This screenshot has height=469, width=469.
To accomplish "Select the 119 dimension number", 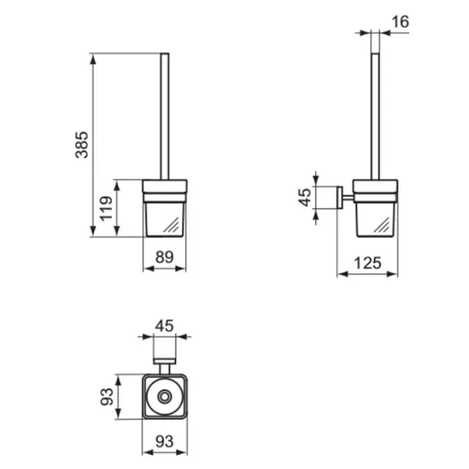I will [107, 208].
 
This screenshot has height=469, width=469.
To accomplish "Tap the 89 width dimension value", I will [165, 256].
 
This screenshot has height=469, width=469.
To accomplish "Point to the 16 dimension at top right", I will [400, 22].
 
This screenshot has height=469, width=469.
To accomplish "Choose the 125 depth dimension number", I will [367, 263].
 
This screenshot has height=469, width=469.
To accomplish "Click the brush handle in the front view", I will [164, 117].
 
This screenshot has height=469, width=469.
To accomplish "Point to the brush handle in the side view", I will [376, 117].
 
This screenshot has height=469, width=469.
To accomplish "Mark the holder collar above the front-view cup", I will [165, 187].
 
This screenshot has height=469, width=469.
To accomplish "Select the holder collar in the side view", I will [375, 187].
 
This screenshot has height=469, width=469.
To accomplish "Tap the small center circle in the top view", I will [164, 397].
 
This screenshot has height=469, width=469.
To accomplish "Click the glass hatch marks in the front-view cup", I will [173, 226].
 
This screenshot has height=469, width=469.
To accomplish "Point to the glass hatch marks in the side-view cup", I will [383, 226].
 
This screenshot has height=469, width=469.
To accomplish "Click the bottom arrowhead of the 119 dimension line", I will [117, 233].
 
